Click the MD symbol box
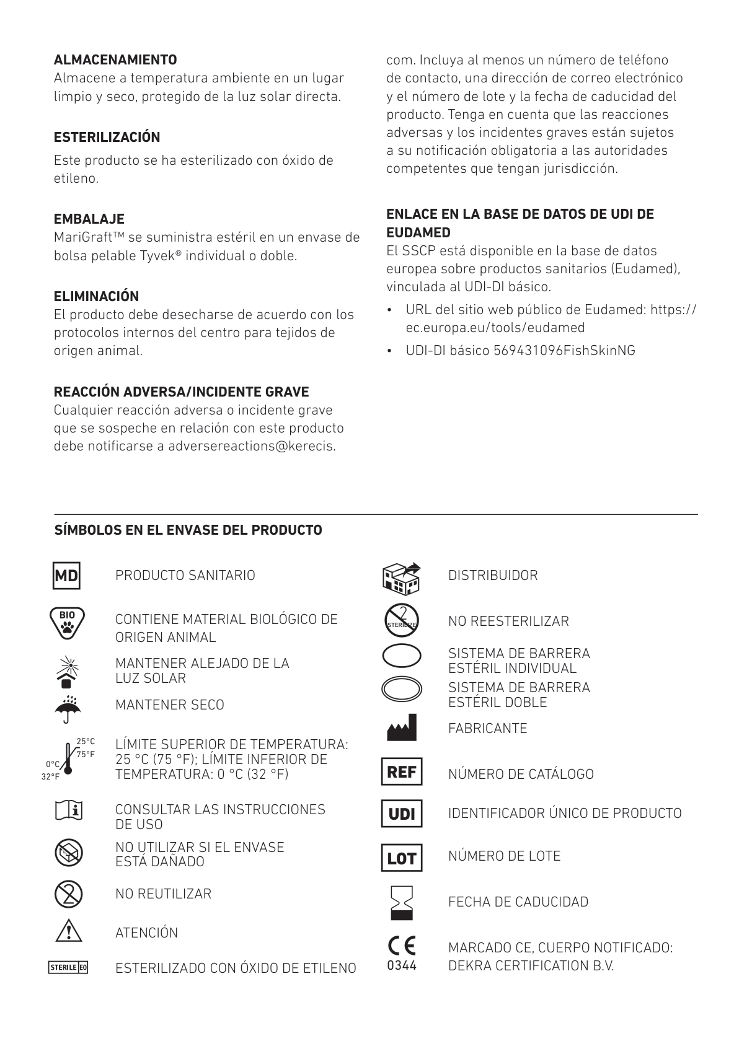[66, 576]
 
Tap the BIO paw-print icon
[67, 623]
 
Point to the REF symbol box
[401, 772]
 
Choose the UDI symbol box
[401, 814]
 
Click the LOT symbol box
[401, 858]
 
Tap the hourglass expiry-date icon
[402, 903]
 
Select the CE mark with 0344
[402, 953]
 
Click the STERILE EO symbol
[68, 967]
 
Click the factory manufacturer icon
[402, 728]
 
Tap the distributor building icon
[402, 577]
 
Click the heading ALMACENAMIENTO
[115, 60]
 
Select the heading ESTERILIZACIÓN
[107, 137]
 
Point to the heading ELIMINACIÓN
[96, 296]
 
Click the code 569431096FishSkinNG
[564, 351]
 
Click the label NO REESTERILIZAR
[508, 621]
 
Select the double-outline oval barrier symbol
[402, 689]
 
